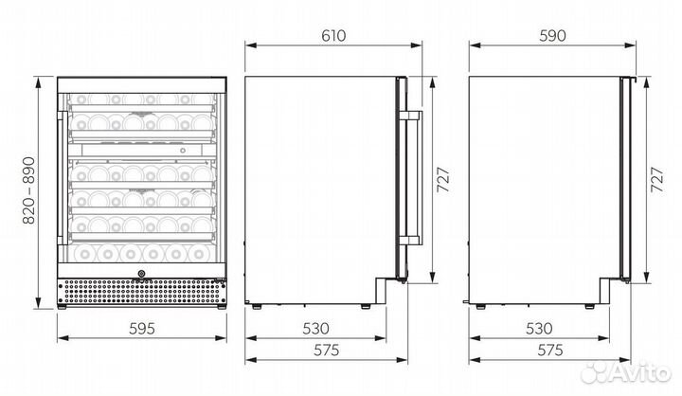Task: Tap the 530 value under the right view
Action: pyautogui.click(x=539, y=329)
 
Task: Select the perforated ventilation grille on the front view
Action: pyautogui.click(x=142, y=293)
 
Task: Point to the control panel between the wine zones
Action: pyautogui.click(x=142, y=148)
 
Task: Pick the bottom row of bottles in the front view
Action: pyautogui.click(x=142, y=254)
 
